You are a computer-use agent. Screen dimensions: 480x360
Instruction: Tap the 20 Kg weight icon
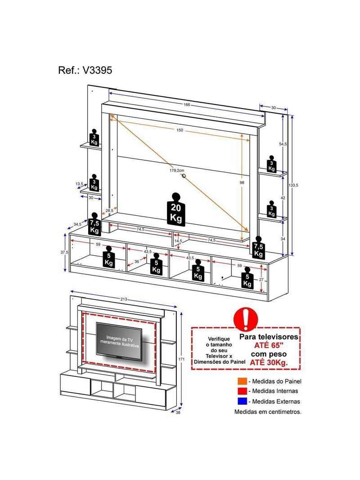(x=176, y=208)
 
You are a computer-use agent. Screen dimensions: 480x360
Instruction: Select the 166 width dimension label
(x=186, y=105)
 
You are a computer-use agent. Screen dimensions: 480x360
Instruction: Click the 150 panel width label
(x=180, y=130)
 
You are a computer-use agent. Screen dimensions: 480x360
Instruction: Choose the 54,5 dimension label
(x=283, y=144)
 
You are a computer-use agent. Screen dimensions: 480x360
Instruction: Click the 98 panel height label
(x=243, y=182)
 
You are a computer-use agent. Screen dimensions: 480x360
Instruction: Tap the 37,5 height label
(x=64, y=253)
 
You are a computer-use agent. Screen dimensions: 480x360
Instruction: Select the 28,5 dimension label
(x=109, y=211)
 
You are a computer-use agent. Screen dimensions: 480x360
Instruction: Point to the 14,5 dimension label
(x=178, y=241)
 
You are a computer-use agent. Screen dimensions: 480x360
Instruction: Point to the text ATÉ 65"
(x=268, y=345)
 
